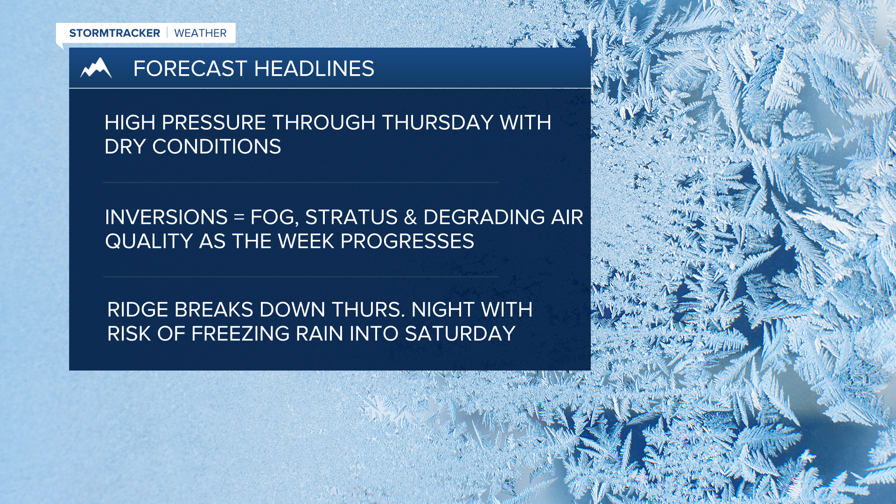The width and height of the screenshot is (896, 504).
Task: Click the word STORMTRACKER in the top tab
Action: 114,33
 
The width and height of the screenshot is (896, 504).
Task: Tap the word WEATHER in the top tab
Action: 200,33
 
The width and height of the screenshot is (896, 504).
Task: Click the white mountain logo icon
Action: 96,68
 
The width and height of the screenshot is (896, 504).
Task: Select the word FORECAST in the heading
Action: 190,69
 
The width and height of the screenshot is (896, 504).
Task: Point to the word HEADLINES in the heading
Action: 314,69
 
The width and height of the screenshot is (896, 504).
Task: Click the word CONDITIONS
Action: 217,147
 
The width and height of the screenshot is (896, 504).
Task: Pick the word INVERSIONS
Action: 166,217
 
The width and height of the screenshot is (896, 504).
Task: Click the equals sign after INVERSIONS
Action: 239,218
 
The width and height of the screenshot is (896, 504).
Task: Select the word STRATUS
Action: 351,217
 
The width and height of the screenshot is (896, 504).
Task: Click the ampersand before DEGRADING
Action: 410,217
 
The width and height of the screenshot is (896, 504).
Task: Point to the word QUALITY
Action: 149,242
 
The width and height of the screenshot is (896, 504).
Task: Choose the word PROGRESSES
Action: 407,242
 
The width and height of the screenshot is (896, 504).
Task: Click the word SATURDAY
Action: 460,334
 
